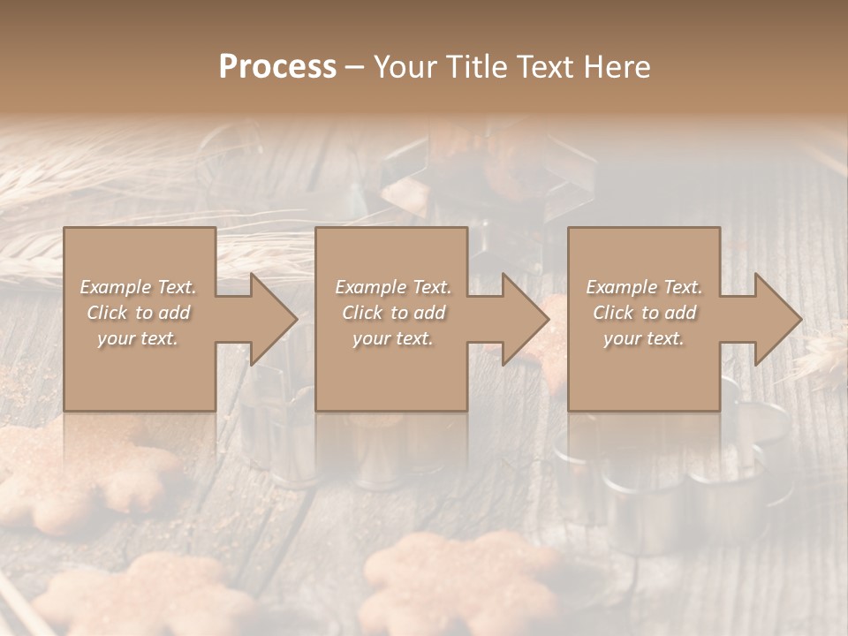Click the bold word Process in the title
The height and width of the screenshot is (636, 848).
tap(277, 67)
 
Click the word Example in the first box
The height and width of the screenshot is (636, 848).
tap(116, 287)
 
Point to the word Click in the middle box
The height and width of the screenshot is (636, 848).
tap(362, 313)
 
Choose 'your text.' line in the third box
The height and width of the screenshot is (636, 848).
tap(643, 338)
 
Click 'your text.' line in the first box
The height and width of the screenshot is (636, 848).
tap(137, 338)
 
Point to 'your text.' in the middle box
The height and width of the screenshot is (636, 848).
tap(392, 338)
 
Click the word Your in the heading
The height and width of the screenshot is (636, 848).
tap(403, 67)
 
